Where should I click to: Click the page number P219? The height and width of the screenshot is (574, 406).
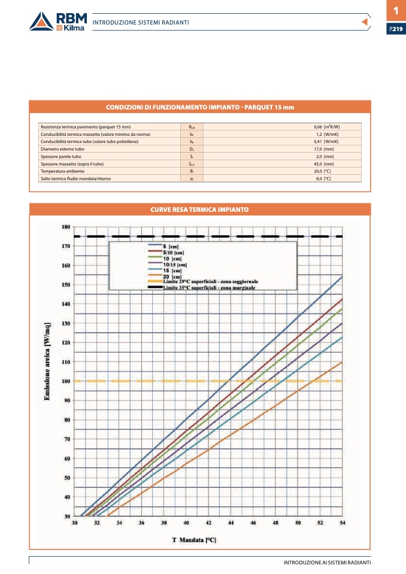(396, 29)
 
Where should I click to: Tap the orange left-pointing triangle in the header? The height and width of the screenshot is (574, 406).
(363, 22)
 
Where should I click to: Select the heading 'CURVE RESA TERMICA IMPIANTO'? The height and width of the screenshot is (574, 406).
(200, 209)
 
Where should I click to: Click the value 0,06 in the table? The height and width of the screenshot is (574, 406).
(318, 127)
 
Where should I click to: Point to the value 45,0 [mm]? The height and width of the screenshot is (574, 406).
(323, 163)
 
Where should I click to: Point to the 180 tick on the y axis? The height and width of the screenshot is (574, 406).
(66, 227)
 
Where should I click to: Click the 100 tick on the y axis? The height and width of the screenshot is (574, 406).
(66, 381)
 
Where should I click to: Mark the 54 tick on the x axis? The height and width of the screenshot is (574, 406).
(342, 523)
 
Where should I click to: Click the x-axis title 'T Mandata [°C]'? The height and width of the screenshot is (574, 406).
(194, 540)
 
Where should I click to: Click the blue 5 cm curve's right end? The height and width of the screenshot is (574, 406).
(341, 277)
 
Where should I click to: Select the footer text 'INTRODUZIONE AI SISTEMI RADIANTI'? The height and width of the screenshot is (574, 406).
(327, 563)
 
